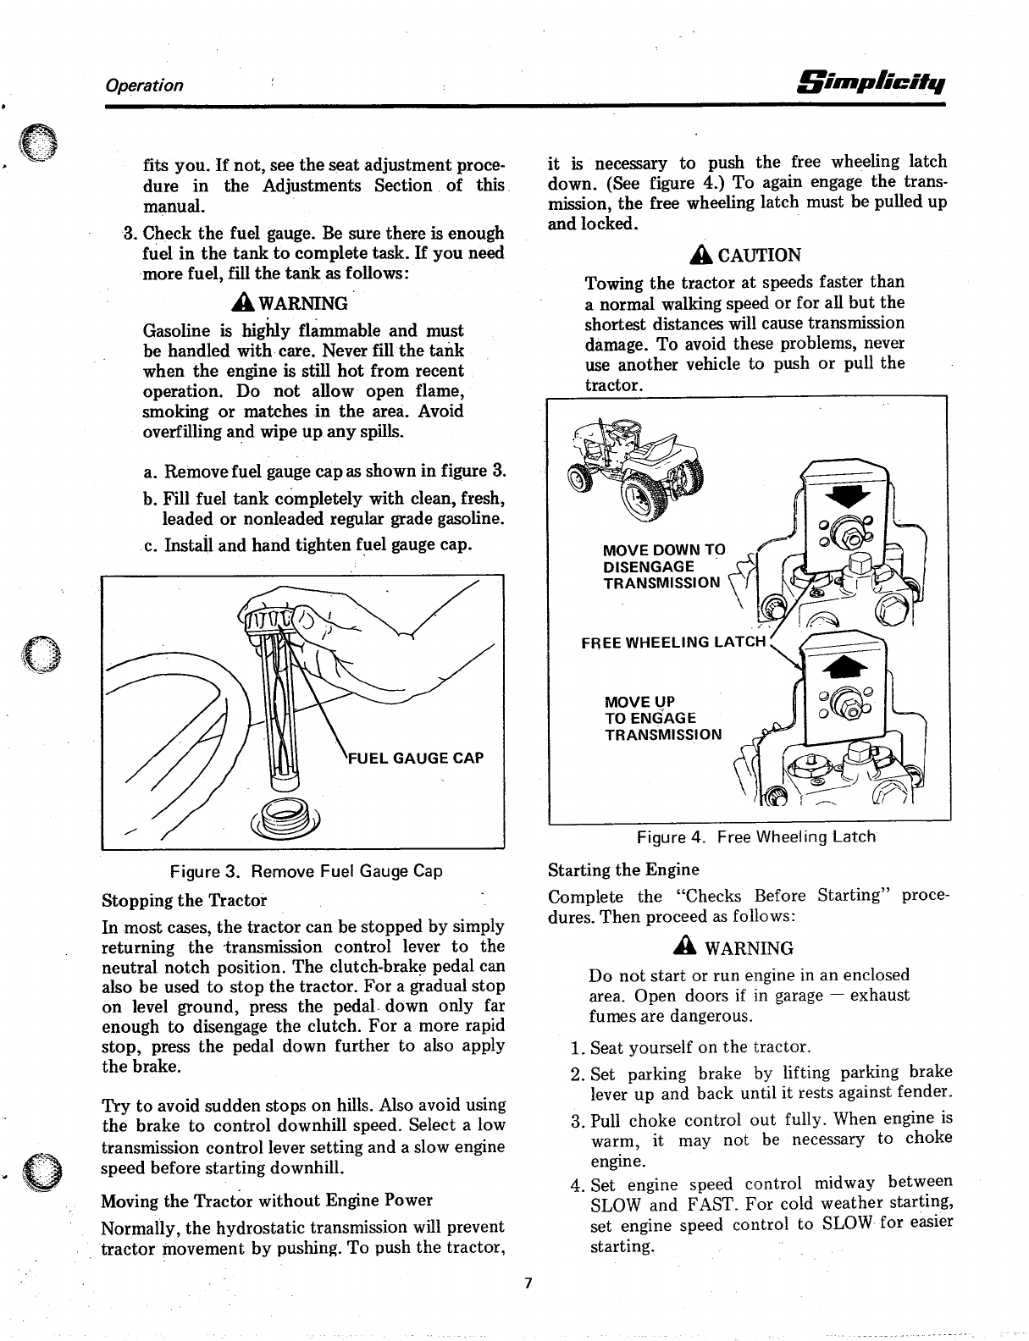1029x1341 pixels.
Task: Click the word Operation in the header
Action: [x=143, y=86]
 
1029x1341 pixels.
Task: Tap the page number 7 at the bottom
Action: [x=527, y=1283]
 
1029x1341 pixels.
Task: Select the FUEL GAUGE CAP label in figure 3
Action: [x=417, y=758]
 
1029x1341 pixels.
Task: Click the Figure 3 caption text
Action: [x=306, y=871]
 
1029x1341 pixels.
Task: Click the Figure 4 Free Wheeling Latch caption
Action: [x=755, y=837]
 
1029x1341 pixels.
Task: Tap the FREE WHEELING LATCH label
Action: [x=673, y=643]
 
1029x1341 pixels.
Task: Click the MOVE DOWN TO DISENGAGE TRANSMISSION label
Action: [x=662, y=566]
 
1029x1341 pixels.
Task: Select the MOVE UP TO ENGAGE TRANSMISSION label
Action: [x=662, y=719]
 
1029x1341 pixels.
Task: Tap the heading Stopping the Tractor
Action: [x=184, y=899]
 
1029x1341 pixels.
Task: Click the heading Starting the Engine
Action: [x=623, y=870]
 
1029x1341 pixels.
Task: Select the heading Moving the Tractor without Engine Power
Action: [x=267, y=1200]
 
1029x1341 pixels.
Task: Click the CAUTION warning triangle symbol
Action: [x=702, y=255]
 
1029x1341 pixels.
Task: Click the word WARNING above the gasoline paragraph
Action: [x=302, y=304]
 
